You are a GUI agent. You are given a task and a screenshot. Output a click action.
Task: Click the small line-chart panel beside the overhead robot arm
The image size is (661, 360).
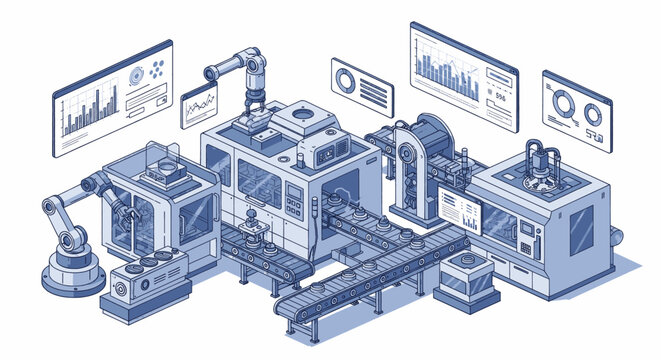tap(198, 105)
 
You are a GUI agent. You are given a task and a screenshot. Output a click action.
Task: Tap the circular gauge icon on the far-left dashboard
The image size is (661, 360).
tap(135, 75)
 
